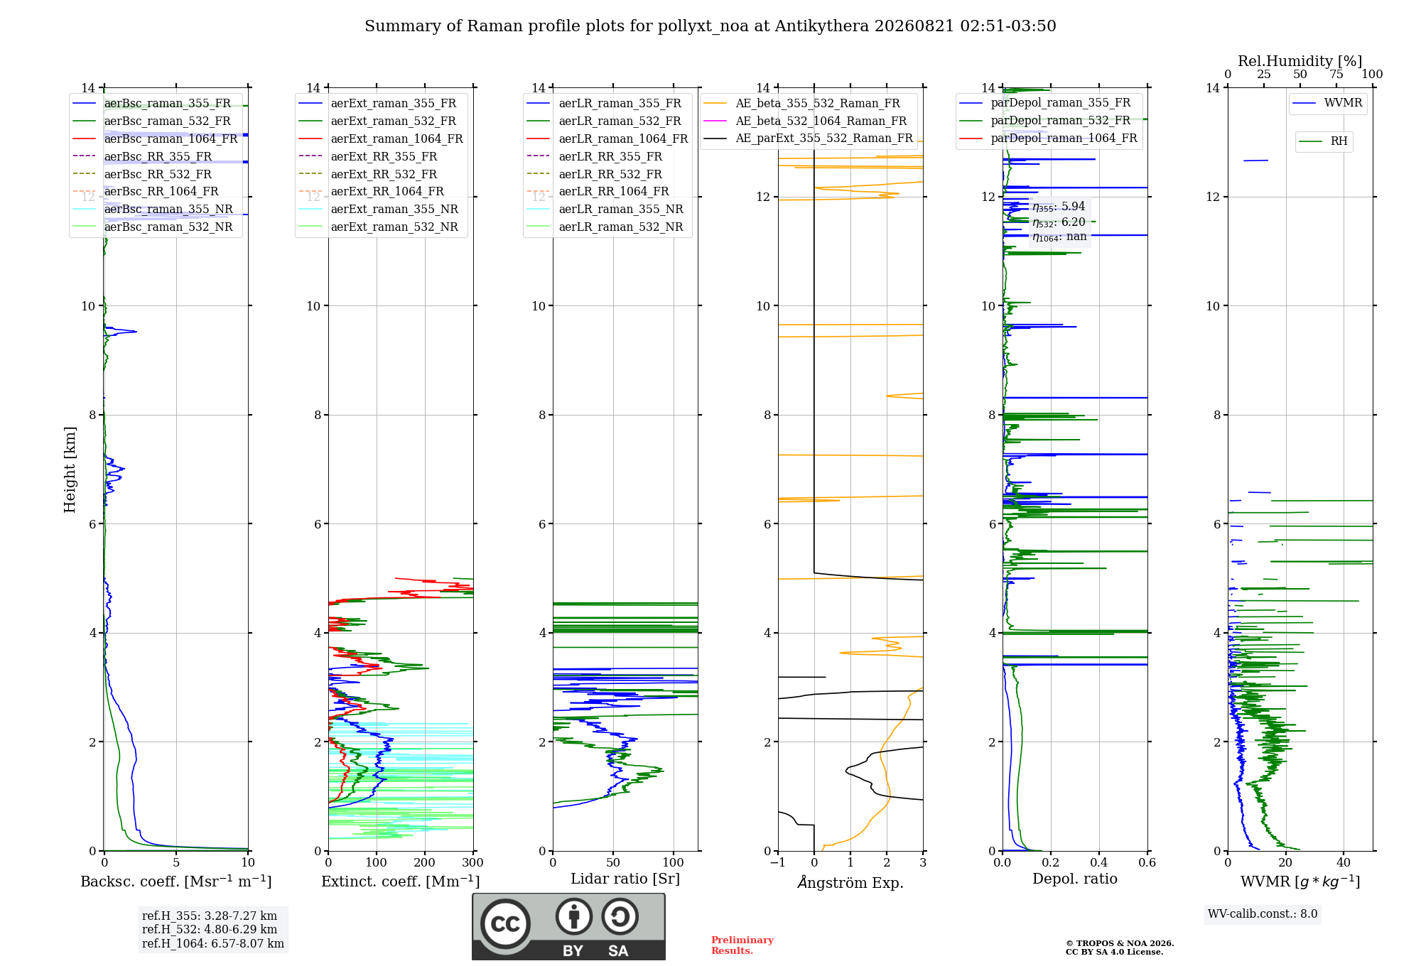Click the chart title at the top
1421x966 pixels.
pos(710,26)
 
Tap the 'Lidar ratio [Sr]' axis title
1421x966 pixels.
pos(625,879)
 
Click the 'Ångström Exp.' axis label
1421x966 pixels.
pos(850,881)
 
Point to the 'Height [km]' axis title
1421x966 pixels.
pos(70,470)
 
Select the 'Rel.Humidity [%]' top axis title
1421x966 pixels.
pos(1300,61)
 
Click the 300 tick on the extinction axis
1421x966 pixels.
pos(472,862)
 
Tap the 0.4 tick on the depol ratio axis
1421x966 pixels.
pos(1098,862)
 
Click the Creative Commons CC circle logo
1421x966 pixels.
pos(505,923)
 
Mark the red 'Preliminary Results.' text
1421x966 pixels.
pos(742,945)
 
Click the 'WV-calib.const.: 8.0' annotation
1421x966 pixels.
pos(1263,914)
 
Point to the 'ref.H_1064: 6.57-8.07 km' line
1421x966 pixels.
pos(213,944)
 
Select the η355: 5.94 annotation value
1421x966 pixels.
pos(1059,207)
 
